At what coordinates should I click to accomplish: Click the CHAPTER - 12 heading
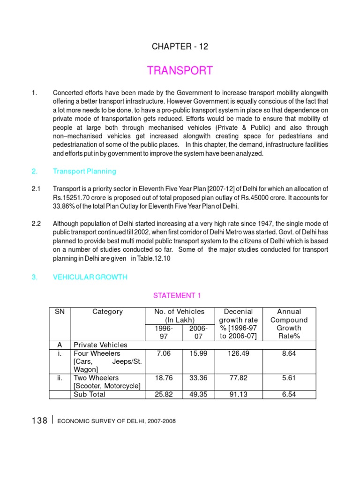coord(180,46)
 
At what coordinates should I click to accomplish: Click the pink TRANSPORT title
coord(180,71)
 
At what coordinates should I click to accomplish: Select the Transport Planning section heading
coord(84,172)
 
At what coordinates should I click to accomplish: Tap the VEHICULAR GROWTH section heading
coord(90,277)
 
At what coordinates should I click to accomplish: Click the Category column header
coord(107,312)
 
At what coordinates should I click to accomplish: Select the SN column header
coord(60,312)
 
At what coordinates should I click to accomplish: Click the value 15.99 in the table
coord(196,353)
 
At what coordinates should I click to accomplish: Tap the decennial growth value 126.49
coord(238,353)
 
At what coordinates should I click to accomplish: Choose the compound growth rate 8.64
coord(289,353)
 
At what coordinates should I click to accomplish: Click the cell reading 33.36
coord(196,378)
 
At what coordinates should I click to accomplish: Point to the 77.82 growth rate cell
coord(238,378)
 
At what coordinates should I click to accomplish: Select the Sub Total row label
coord(90,395)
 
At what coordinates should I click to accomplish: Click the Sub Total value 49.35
coord(196,395)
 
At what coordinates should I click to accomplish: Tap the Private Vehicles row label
coord(100,345)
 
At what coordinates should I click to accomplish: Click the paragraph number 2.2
coord(37,223)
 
